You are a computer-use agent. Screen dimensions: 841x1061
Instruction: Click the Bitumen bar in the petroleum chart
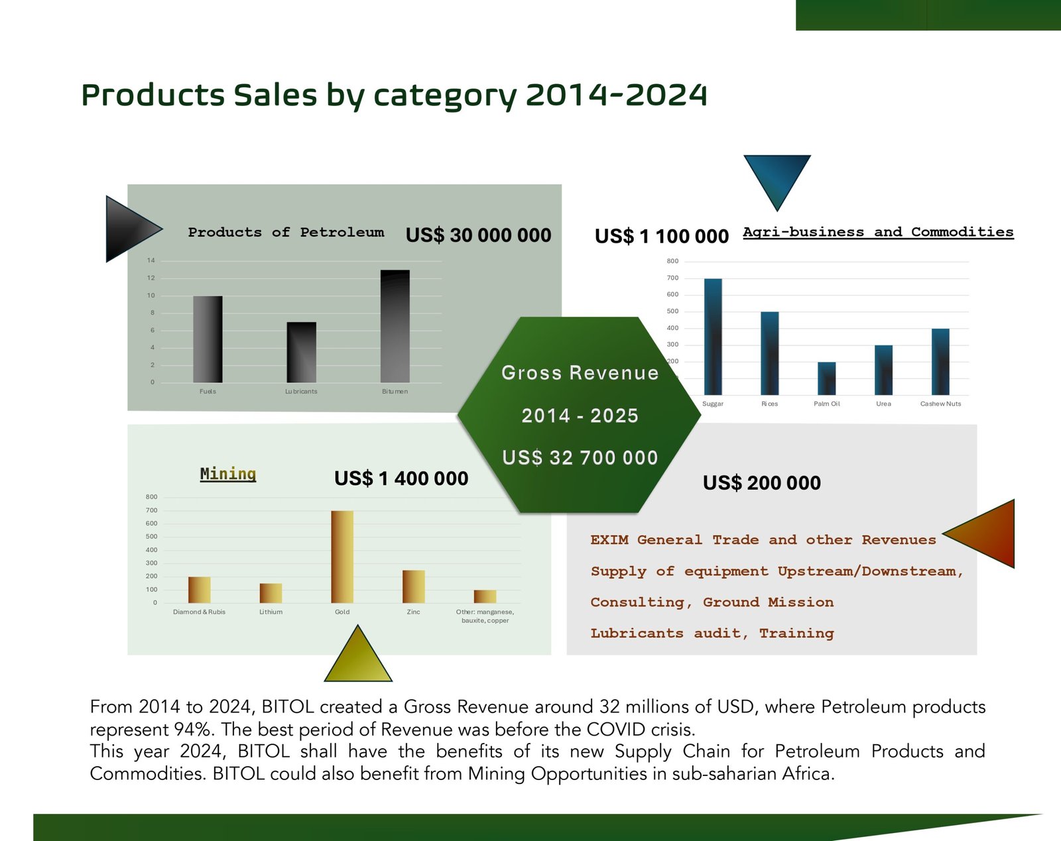click(x=395, y=326)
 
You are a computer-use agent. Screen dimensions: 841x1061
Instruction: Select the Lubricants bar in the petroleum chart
click(x=302, y=352)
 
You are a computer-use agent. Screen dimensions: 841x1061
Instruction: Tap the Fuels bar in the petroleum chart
click(x=208, y=339)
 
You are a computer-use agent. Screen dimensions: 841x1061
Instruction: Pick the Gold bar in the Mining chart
click(x=342, y=557)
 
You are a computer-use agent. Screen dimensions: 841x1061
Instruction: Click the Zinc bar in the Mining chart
click(x=414, y=586)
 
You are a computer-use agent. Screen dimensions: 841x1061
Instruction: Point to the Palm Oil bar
click(x=826, y=378)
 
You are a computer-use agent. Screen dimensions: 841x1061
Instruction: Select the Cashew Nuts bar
click(x=940, y=362)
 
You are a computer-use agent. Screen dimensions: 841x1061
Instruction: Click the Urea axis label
click(x=883, y=404)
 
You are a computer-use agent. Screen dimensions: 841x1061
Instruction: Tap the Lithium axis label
click(x=271, y=612)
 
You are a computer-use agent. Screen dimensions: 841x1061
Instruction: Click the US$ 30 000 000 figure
click(x=478, y=235)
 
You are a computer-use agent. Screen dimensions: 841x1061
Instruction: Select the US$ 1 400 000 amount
click(x=401, y=478)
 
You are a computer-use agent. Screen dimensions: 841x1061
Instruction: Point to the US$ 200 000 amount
click(x=761, y=483)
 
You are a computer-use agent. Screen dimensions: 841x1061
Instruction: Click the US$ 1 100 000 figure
click(x=661, y=236)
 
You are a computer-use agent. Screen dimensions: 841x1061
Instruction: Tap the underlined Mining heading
click(x=228, y=474)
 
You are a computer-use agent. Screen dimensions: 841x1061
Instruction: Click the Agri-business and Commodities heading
click(x=878, y=232)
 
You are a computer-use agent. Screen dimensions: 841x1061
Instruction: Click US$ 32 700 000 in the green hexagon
click(x=580, y=458)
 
